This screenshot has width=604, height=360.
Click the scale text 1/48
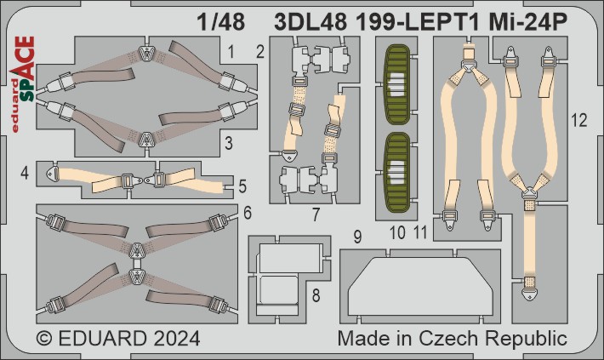point(220,22)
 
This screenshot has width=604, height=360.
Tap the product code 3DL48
point(311,22)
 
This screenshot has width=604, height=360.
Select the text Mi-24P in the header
point(528,22)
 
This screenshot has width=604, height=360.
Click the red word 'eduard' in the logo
point(15,106)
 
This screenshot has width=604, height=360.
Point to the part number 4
point(25,173)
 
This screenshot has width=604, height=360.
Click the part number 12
point(579,120)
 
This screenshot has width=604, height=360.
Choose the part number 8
point(316,295)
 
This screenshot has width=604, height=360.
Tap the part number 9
point(357,237)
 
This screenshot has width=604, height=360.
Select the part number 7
point(316,214)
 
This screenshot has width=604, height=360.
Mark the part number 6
point(248,213)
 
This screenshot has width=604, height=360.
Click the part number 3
point(229,143)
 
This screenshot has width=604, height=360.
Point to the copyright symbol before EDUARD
point(45,339)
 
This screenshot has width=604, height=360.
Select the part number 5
point(242,186)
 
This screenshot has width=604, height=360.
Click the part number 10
point(397,232)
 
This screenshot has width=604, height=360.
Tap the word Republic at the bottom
point(526,339)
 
